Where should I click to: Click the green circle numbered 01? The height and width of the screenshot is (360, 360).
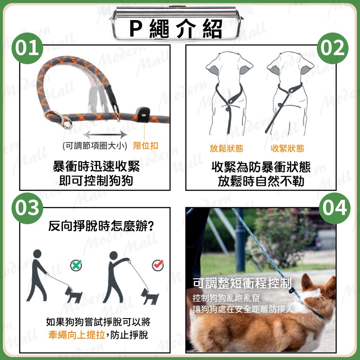point(27,48)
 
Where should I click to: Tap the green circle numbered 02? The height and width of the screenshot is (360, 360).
point(333,48)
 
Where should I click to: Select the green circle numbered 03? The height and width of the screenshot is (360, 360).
point(27,208)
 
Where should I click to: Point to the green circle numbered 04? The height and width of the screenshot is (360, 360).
point(335,208)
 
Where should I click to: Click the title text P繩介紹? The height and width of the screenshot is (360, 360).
point(176,29)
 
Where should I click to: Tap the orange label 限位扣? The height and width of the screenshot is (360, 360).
point(146,146)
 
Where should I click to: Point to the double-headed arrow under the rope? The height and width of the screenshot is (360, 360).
point(105,135)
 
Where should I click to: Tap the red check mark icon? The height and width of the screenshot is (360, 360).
point(158,265)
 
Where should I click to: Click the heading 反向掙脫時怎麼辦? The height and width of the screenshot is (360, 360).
point(101,226)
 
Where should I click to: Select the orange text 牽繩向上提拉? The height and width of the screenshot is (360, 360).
point(77,335)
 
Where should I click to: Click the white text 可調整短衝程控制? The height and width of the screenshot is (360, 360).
point(242,283)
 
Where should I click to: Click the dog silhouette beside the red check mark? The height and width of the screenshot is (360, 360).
point(150,296)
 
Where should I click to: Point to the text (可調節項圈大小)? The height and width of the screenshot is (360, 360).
point(95,146)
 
